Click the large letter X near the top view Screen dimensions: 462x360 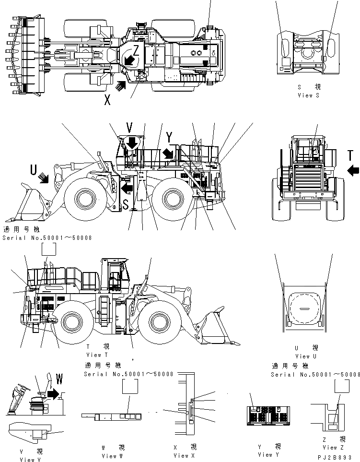[x=108, y=99]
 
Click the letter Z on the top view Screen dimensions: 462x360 [x=136, y=50]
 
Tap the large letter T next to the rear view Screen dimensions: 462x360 [x=351, y=155]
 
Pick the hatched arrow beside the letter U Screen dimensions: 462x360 [x=44, y=178]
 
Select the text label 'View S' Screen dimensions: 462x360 [x=312, y=95]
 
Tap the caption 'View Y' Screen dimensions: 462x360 [x=265, y=454]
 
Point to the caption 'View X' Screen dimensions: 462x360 [x=184, y=455]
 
